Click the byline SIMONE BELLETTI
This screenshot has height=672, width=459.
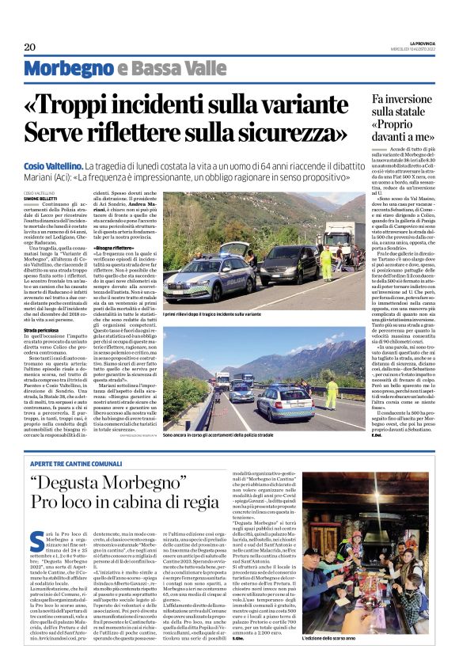(41, 196)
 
